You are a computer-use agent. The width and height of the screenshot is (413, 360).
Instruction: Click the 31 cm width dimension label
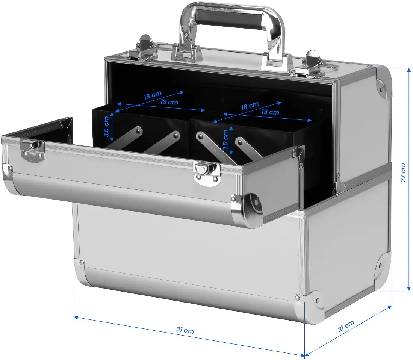[185, 330]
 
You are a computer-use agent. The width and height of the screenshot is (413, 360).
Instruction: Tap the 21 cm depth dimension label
[346, 326]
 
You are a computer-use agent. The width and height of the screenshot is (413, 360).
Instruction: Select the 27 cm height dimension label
[403, 172]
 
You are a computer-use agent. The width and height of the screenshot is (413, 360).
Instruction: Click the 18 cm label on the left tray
[153, 95]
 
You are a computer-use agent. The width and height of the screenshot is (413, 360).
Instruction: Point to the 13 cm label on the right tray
[270, 112]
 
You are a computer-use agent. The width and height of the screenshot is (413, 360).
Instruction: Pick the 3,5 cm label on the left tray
[106, 127]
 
